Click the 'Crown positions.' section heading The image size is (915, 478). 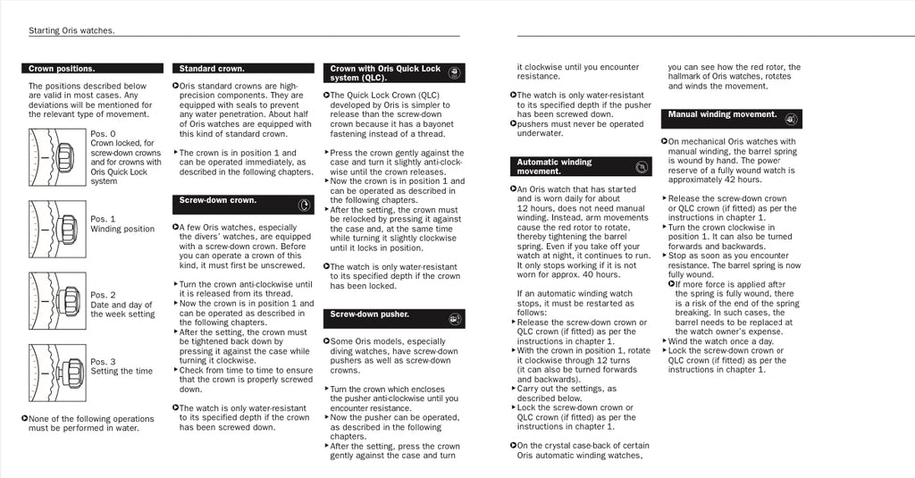click(x=62, y=68)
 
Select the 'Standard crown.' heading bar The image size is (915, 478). click(x=212, y=68)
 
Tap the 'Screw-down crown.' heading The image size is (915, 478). click(x=218, y=200)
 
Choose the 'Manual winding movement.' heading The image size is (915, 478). click(x=722, y=114)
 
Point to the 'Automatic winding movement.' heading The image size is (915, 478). click(x=554, y=166)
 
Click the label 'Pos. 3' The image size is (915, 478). click(x=103, y=362)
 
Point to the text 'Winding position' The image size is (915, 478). click(x=122, y=229)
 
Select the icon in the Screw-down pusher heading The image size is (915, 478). click(x=455, y=318)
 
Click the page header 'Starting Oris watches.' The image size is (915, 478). click(x=71, y=30)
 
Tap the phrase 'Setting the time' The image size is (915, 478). click(x=121, y=372)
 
